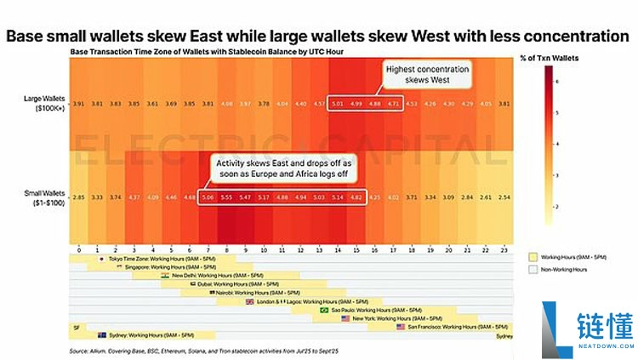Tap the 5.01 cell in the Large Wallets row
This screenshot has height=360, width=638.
point(337,104)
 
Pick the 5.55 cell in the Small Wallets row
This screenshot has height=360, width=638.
point(225,197)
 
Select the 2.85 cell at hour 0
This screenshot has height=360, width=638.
point(77,197)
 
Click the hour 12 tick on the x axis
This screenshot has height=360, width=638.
point(299,250)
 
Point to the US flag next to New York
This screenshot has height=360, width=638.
point(345,318)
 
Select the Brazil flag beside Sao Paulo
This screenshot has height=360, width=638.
point(322,310)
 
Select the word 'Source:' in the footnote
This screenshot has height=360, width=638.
point(81,350)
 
